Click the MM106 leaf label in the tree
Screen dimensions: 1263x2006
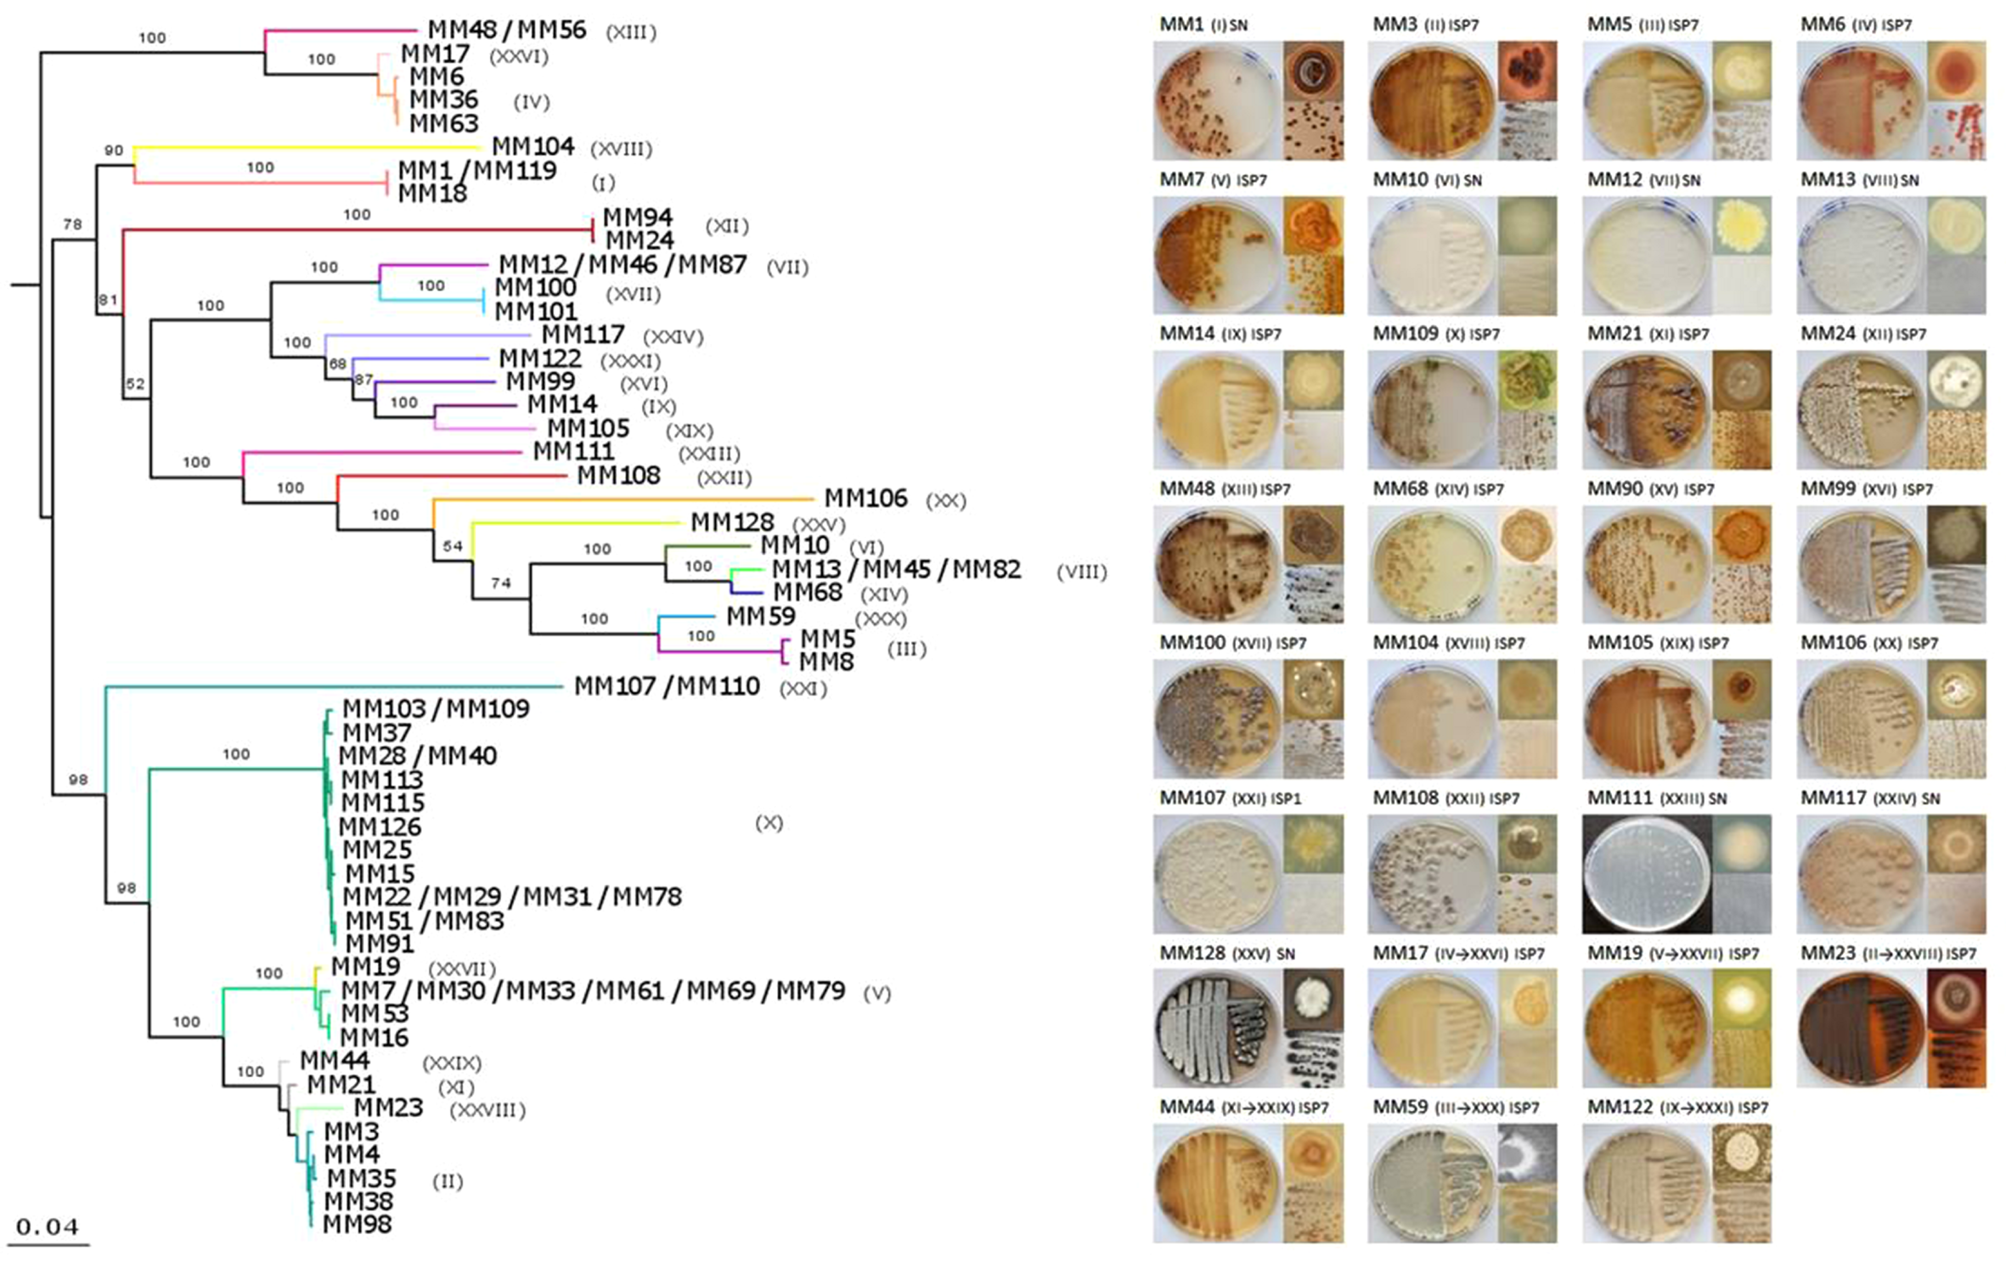pyautogui.click(x=865, y=498)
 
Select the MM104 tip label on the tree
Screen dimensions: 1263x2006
pyautogui.click(x=532, y=147)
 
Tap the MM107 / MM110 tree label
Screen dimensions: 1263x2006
pyautogui.click(x=667, y=686)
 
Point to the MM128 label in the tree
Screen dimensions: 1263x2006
pyautogui.click(x=731, y=522)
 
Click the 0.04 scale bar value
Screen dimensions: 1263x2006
pyautogui.click(x=48, y=1226)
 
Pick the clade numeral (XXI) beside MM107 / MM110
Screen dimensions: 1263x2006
pyautogui.click(x=803, y=689)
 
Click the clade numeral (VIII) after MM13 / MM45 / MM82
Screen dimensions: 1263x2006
pyautogui.click(x=1081, y=572)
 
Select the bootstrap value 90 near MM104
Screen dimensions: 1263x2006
pyautogui.click(x=114, y=151)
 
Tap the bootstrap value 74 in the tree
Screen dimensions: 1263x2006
pyautogui.click(x=500, y=583)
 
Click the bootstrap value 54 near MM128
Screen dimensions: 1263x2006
pyautogui.click(x=453, y=546)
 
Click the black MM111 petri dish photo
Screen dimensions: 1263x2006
pyautogui.click(x=1644, y=874)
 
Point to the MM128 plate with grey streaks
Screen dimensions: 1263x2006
pyautogui.click(x=1217, y=1029)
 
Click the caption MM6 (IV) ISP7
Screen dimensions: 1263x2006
pyautogui.click(x=1856, y=25)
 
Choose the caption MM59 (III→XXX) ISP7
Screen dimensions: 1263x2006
pyautogui.click(x=1456, y=1108)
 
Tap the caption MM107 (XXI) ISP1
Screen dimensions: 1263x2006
pyautogui.click(x=1230, y=798)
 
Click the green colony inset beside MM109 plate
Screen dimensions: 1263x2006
pyautogui.click(x=1527, y=380)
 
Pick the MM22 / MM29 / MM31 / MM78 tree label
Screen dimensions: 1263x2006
pyautogui.click(x=512, y=897)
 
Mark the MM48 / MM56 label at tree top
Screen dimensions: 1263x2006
pyautogui.click(x=506, y=31)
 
